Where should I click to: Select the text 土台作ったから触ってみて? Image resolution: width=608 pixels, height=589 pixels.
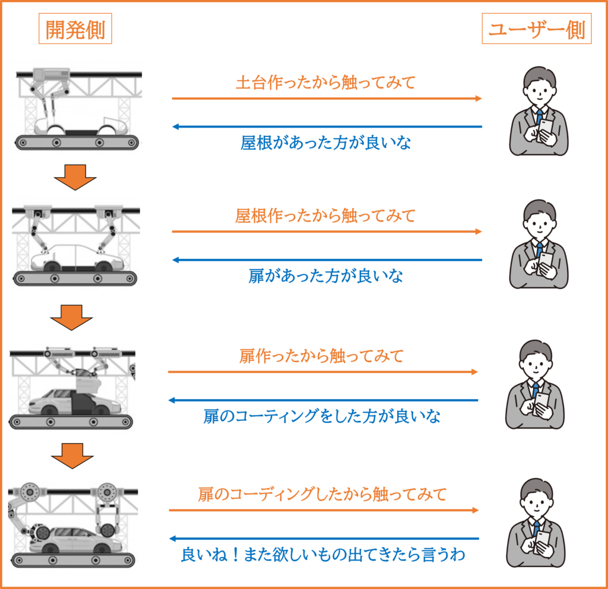(326, 83)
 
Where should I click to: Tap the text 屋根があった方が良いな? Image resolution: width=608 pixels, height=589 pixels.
(326, 142)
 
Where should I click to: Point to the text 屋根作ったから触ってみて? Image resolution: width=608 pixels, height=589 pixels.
(326, 216)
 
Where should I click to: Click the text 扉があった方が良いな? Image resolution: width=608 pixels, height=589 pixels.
(326, 276)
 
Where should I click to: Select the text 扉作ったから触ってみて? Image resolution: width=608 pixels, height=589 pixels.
(321, 356)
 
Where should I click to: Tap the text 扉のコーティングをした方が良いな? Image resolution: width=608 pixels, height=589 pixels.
(322, 416)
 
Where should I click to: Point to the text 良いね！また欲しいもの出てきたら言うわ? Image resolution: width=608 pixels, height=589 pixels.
(324, 555)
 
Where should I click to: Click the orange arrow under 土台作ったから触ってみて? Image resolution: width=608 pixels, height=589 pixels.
(327, 99)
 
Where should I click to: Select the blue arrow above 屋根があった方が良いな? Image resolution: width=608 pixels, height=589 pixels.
(327, 126)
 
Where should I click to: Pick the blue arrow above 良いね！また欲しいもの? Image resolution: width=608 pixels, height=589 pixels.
(324, 539)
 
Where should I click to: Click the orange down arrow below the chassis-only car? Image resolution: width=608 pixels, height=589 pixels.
(75, 177)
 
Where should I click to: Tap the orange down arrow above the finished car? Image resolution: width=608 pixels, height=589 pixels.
(72, 456)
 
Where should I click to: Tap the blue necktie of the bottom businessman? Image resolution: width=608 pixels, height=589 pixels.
(536, 529)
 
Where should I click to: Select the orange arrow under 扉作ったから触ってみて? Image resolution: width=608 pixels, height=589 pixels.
(323, 372)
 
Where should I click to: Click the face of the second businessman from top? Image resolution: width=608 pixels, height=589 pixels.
(539, 226)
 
